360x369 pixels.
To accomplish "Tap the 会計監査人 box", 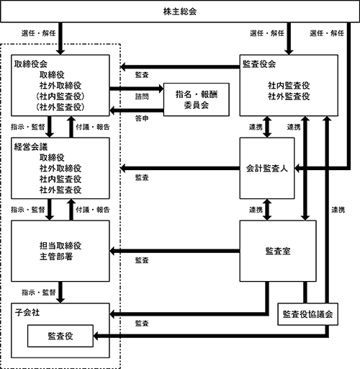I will coord(267,169).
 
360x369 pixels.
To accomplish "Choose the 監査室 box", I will coord(277,251).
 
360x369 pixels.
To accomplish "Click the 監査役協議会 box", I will coord(307,314).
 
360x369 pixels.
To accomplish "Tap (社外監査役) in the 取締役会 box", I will coord(60,105).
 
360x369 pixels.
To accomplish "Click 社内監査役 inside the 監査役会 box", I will coord(289,85).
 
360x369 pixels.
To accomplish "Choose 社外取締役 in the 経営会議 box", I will coord(60,167).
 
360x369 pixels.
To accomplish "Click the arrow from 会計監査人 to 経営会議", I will coord(180,169).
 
